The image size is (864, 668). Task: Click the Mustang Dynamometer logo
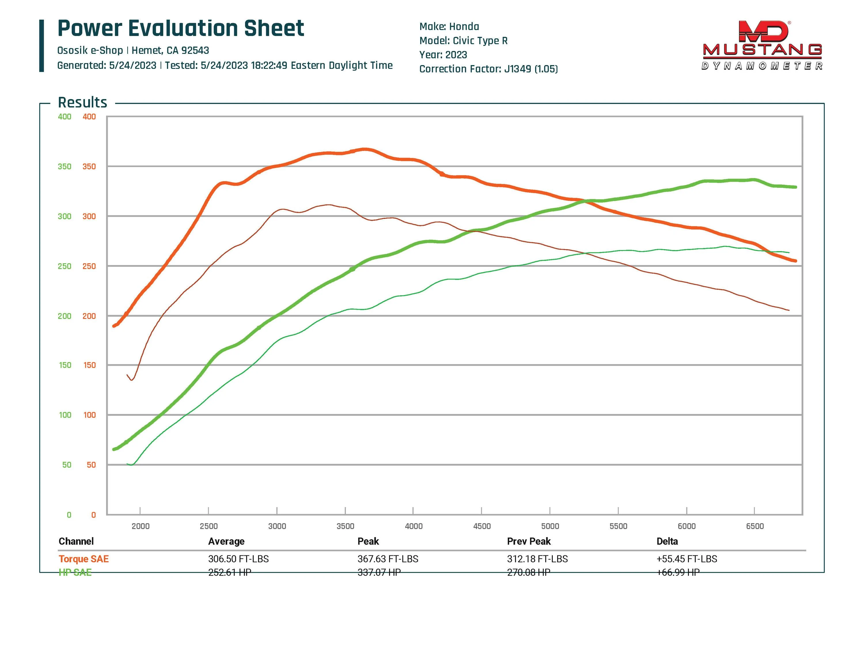pos(762,46)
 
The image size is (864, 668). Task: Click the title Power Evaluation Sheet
pos(181,29)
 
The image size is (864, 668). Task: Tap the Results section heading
pos(82,103)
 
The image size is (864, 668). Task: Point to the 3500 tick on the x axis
pos(345,526)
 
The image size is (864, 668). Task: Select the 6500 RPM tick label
pos(755,526)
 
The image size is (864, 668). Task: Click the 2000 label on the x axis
pos(141,526)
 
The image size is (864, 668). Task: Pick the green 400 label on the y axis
pos(65,117)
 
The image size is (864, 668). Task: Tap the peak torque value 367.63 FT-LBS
pos(388,559)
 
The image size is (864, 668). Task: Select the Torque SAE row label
pos(84,559)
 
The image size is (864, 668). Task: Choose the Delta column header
pos(667,541)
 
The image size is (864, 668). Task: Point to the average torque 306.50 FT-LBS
pos(238,559)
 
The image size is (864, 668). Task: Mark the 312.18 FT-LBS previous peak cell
pos(537,559)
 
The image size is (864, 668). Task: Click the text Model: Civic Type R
pos(463,41)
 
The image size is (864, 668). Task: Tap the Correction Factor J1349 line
pos(488,69)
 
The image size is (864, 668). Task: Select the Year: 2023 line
pos(443,55)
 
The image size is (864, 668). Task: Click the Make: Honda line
pos(449,27)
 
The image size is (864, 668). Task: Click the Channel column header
pos(76,541)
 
